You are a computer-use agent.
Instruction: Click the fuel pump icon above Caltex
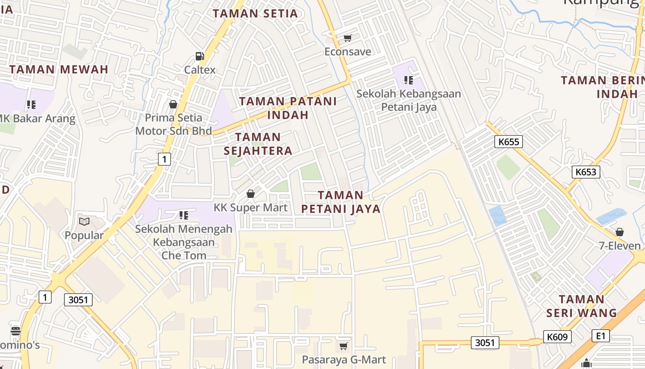click(199, 56)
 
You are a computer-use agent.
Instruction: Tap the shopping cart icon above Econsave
click(347, 38)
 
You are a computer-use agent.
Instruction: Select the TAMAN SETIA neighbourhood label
click(255, 13)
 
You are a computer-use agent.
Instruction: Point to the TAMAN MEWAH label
click(59, 70)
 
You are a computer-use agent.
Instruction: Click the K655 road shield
click(509, 142)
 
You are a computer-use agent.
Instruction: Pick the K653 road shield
click(586, 172)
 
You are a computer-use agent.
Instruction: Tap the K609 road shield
click(557, 337)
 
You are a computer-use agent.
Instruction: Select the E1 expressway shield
click(600, 335)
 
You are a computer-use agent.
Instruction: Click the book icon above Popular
click(84, 222)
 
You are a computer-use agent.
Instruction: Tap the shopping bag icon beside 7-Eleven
click(620, 232)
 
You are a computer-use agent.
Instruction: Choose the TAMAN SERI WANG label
click(581, 306)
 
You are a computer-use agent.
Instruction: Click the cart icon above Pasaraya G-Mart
click(343, 346)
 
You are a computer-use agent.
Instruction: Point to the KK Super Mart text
click(251, 208)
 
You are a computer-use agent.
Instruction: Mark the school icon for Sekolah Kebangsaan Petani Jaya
click(408, 80)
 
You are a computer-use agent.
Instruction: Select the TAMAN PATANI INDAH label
click(288, 108)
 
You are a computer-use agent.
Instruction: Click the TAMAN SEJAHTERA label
click(258, 144)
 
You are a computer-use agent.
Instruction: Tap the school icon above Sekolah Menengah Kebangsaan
click(183, 215)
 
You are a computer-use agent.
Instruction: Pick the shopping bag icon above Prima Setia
click(173, 105)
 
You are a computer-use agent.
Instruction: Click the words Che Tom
click(184, 255)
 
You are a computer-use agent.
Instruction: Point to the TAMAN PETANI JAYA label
click(341, 202)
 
